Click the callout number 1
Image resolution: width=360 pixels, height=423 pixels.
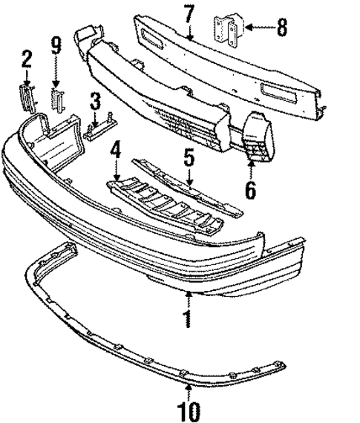click(189, 320)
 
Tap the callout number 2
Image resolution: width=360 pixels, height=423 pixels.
click(27, 57)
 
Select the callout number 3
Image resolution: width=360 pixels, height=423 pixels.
click(95, 100)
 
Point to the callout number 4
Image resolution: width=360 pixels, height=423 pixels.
click(116, 154)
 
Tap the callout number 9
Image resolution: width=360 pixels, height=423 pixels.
click(56, 48)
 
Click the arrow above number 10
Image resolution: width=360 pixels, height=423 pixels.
click(189, 389)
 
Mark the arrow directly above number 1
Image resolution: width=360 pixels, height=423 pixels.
click(189, 301)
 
